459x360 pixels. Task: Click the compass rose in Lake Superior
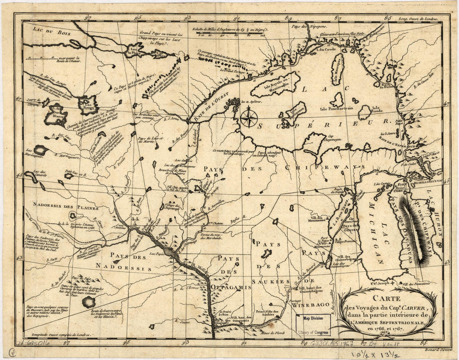tap(248, 117)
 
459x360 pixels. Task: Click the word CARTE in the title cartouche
tap(386, 299)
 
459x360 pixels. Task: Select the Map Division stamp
tap(313, 319)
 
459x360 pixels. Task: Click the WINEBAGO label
tap(308, 305)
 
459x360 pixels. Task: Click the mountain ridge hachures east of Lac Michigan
tap(413, 230)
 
